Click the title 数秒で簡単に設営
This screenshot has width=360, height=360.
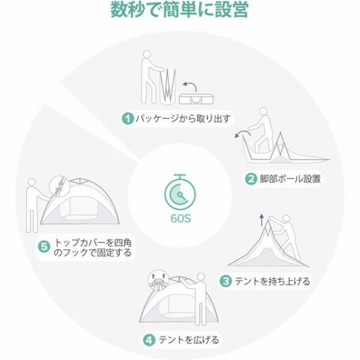[x=179, y=10]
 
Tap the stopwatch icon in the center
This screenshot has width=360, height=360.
[x=180, y=193]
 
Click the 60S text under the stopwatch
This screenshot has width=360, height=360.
[x=181, y=219]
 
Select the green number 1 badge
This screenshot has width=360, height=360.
[x=128, y=119]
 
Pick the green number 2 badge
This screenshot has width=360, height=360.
[x=250, y=179]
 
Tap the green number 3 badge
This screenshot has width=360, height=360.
[x=226, y=281]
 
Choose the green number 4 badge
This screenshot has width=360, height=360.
[x=149, y=340]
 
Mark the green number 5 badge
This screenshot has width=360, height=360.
[x=44, y=247]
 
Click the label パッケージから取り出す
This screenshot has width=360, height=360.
[x=183, y=119]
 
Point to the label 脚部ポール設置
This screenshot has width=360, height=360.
[x=290, y=179]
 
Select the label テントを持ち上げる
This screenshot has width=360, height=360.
[x=272, y=282]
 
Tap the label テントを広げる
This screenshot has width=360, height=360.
[x=189, y=340]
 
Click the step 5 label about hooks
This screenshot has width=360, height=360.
[x=93, y=247]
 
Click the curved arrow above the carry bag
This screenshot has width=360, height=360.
[x=190, y=85]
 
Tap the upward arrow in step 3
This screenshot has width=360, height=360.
[x=262, y=220]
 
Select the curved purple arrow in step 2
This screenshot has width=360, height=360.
[x=241, y=134]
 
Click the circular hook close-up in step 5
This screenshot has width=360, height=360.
[x=59, y=186]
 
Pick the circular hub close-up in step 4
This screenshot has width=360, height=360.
[x=158, y=280]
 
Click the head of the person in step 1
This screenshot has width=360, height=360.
[x=147, y=54]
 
